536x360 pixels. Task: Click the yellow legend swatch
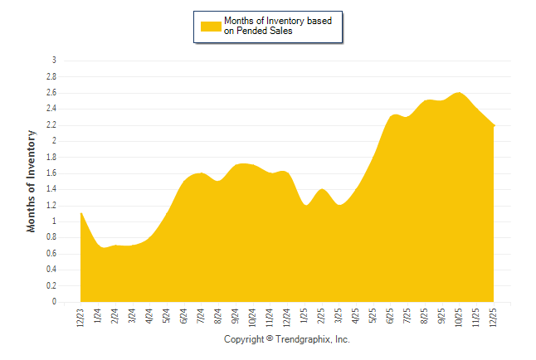[x=211, y=26]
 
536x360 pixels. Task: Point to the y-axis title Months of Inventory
[x=32, y=180]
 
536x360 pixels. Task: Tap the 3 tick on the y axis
[x=54, y=61]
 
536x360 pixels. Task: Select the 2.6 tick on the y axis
[x=51, y=93]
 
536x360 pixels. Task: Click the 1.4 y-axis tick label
[x=51, y=189]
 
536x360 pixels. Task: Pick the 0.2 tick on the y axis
[x=51, y=286]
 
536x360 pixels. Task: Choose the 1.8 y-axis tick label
[x=51, y=157]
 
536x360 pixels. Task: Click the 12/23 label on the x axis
[x=80, y=316]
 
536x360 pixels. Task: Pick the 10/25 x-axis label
[x=460, y=316]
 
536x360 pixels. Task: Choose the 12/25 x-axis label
[x=495, y=316]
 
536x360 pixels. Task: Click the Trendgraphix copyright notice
[x=287, y=340]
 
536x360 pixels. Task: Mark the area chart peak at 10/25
[x=460, y=93]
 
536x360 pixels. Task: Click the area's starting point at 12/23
[x=80, y=213]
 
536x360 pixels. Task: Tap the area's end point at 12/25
[x=495, y=125]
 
